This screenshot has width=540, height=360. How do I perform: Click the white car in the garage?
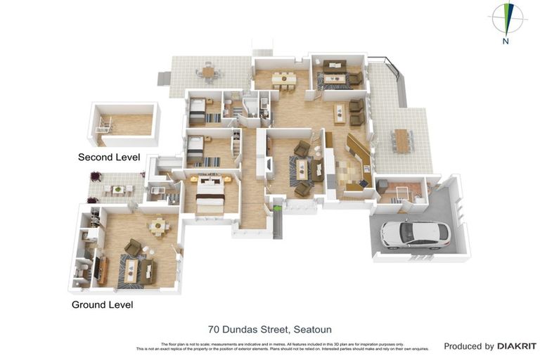[x=415, y=235]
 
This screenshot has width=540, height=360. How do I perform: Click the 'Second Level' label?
[x=109, y=157]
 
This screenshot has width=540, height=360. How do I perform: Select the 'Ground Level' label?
[x=102, y=304]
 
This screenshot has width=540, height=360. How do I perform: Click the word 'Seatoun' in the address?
[x=313, y=329]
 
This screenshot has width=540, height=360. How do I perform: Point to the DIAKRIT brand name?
[x=517, y=346]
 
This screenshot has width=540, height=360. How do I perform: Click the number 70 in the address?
[x=214, y=329]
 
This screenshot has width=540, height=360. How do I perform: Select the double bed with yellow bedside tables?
[x=210, y=194]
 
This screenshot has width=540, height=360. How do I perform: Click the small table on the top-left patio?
[x=208, y=71]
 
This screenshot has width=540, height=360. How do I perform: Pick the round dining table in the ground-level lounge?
[x=159, y=225]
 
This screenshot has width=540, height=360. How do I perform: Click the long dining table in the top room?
[x=284, y=77]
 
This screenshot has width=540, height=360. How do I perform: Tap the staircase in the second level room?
[x=105, y=126]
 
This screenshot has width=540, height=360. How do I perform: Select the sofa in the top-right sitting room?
[x=335, y=67]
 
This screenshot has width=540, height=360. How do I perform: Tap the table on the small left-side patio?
[x=118, y=189]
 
